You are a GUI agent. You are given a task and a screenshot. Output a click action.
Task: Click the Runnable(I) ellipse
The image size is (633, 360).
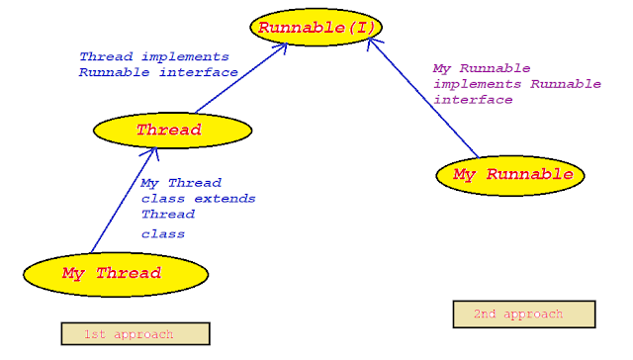(317, 28)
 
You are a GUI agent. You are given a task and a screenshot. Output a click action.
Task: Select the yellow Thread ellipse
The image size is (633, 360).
(169, 130)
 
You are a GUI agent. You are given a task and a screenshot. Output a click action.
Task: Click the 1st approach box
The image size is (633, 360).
(136, 334)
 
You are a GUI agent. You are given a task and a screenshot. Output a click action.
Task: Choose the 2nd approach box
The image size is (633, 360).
(523, 315)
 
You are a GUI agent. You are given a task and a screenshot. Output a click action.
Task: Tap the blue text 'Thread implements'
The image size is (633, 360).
(154, 57)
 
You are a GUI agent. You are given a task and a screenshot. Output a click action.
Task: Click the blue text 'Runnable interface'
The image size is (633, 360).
(158, 72)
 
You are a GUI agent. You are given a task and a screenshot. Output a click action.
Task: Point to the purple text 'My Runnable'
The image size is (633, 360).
(481, 68)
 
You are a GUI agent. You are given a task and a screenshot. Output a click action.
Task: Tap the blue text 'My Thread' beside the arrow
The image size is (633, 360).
(181, 183)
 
